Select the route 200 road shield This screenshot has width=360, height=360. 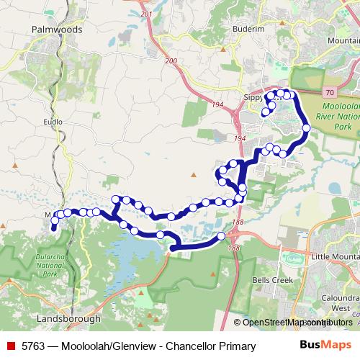tap(170, 62)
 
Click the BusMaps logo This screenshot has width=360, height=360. tap(331, 346)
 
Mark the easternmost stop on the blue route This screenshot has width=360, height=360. tap(306, 128)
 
